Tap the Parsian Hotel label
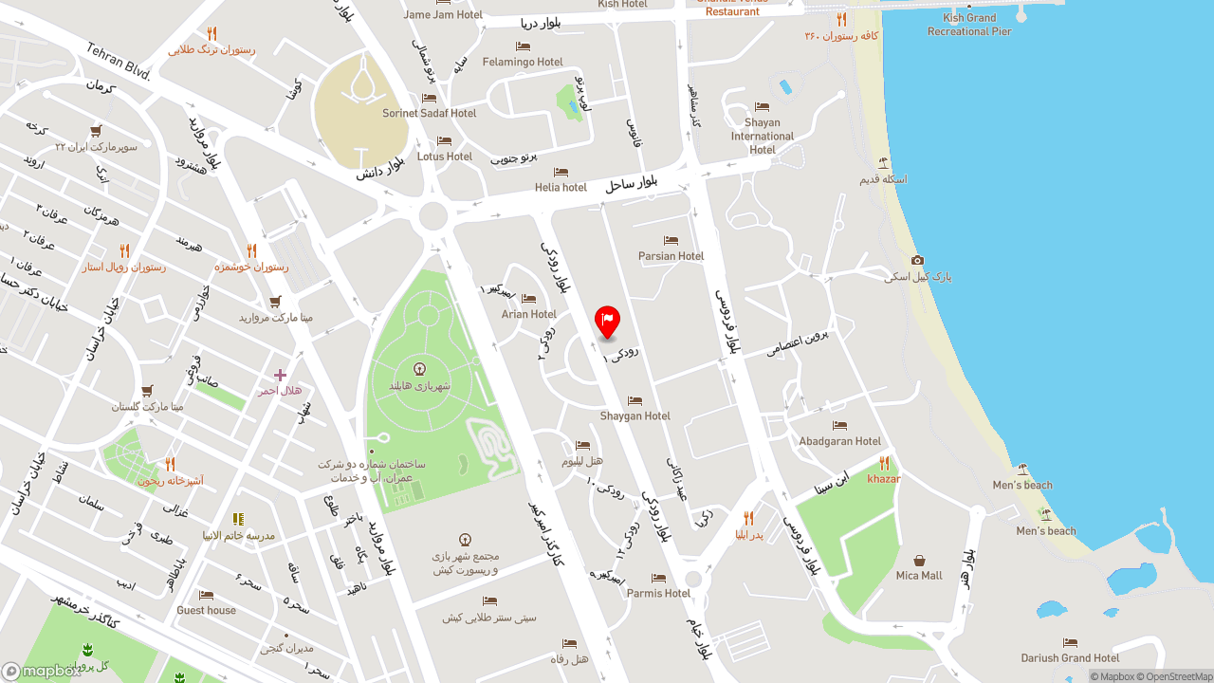671,256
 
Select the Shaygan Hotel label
635,415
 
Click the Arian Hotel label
528,314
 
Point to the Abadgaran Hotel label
839,441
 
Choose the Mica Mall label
919,575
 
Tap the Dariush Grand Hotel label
1070,657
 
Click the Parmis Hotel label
658,593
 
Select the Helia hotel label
561,187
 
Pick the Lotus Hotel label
444,157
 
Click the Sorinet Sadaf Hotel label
429,113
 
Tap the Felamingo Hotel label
523,62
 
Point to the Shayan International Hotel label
762,136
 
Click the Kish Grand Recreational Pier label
969,25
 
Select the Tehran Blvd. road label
119,61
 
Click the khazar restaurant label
884,478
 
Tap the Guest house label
206,610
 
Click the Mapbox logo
42,671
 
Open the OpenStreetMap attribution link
1179,676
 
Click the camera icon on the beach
917,260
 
